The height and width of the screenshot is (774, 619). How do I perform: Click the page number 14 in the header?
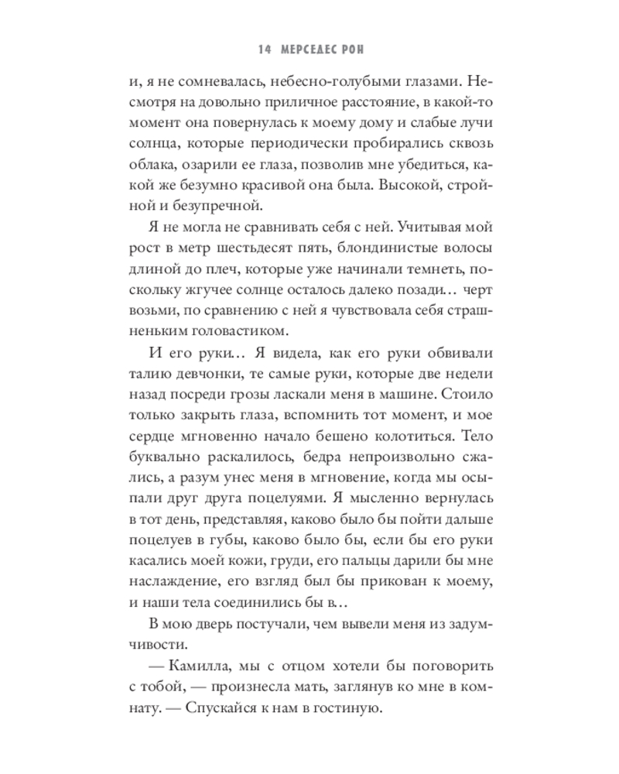264,50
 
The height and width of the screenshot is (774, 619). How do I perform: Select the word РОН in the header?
354,50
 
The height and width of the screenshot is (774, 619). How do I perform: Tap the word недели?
470,372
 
